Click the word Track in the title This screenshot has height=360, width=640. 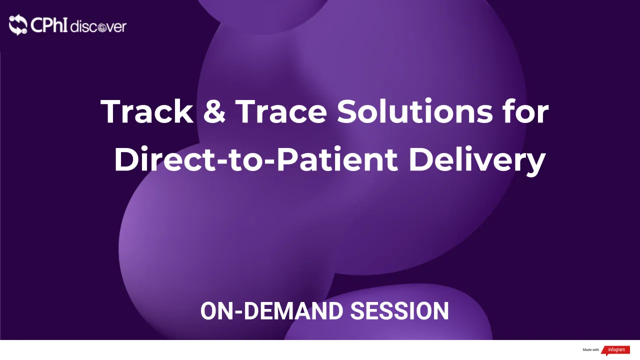tap(147, 111)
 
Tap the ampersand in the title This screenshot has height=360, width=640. tap(214, 111)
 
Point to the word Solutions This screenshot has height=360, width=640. tap(414, 111)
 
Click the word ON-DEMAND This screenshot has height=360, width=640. tap(272, 311)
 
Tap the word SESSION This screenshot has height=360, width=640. tap(399, 311)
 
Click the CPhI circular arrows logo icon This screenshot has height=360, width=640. tap(18, 25)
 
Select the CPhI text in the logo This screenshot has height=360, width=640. tap(49, 25)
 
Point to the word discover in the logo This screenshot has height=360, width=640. tap(98, 26)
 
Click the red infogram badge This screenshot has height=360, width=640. tap(615, 350)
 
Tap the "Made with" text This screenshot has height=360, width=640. tap(590, 350)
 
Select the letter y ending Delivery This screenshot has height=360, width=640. tap(535, 162)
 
